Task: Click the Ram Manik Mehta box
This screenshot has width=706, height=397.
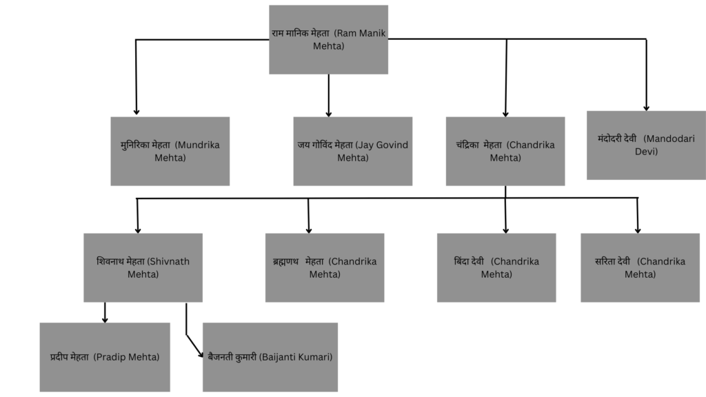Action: point(328,39)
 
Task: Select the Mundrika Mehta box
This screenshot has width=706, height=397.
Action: point(170,151)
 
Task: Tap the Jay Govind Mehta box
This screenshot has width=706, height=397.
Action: point(352,151)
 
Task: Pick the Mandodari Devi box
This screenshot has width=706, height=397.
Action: point(646,145)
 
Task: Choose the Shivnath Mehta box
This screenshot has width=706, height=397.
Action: point(143,267)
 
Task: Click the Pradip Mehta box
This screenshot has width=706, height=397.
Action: point(105,357)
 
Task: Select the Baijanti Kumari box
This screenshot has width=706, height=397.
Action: point(270,357)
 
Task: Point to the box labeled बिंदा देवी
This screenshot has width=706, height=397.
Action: point(496,267)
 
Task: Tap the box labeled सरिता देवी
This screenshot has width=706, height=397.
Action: point(640,267)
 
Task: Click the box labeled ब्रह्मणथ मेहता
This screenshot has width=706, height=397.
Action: point(324,267)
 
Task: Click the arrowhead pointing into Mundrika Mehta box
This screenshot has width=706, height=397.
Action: point(137,111)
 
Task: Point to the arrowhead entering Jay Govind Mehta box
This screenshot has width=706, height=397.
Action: point(328,112)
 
